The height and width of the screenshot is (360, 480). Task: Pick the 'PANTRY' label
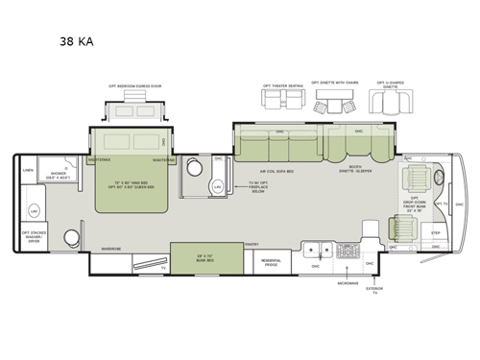pos(252,245)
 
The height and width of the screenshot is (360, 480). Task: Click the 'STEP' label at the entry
pos(433,232)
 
